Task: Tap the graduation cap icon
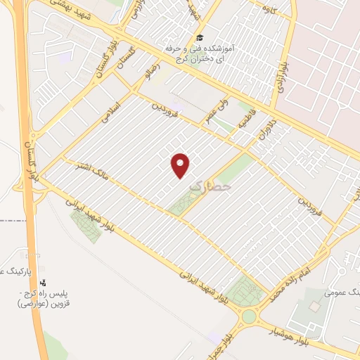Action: coord(200,37)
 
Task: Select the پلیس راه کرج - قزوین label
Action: coord(49,301)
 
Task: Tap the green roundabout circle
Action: coord(248,316)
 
